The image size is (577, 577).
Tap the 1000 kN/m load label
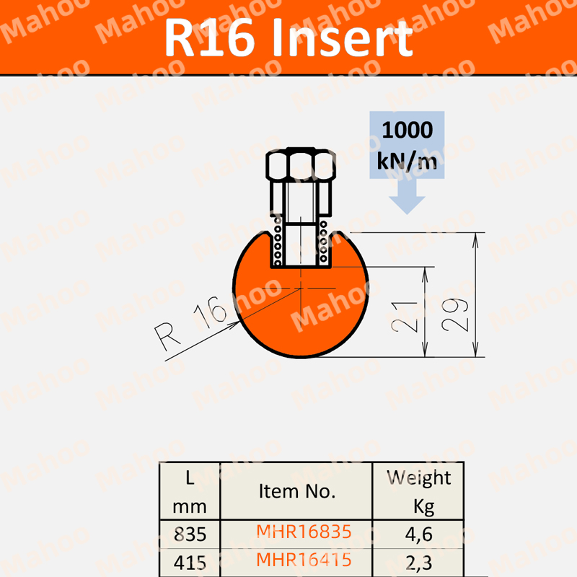pyautogui.click(x=408, y=146)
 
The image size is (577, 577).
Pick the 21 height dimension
pyautogui.click(x=409, y=316)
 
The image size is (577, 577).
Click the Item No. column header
pyautogui.click(x=296, y=491)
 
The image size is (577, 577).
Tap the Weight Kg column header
pyautogui.click(x=418, y=491)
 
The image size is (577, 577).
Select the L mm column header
pyautogui.click(x=190, y=491)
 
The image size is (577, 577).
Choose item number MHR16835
pyautogui.click(x=304, y=532)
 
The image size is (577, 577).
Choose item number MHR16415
pyautogui.click(x=304, y=559)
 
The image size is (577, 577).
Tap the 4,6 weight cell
pyautogui.click(x=418, y=534)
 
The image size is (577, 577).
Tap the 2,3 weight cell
pyautogui.click(x=418, y=560)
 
